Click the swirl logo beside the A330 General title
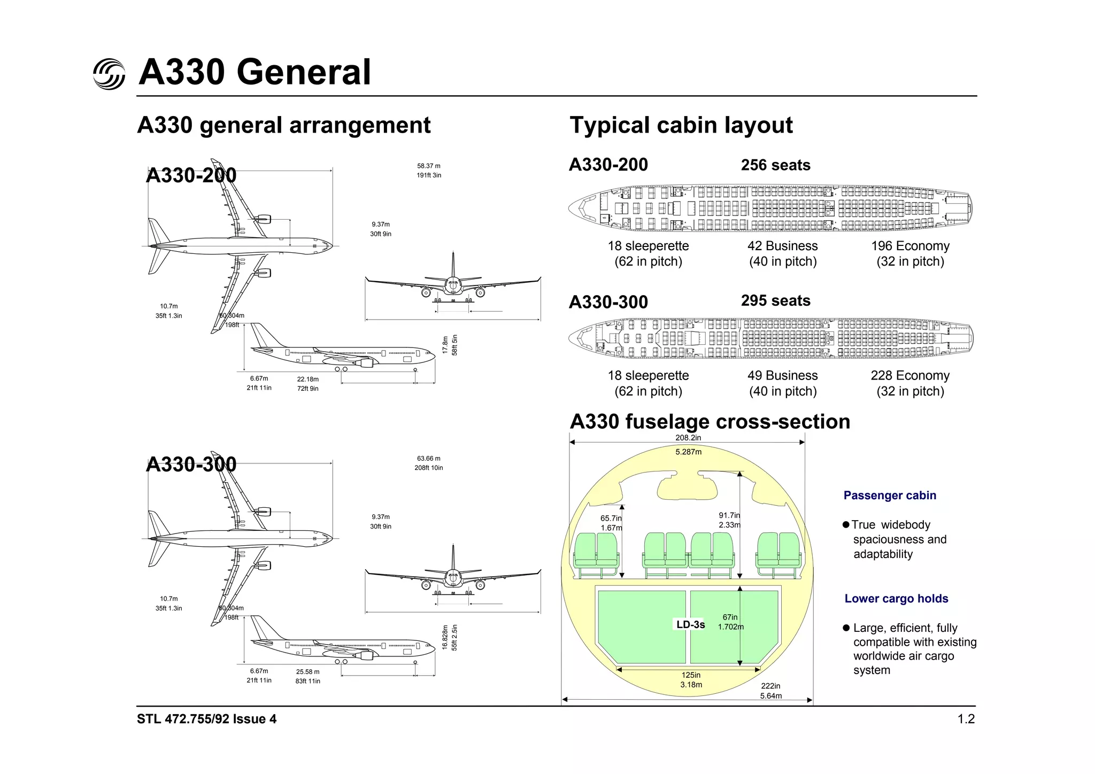(x=109, y=74)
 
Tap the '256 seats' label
(x=775, y=165)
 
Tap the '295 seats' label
(x=775, y=300)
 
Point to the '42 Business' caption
(x=782, y=246)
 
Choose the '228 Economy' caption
(x=910, y=375)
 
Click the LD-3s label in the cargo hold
(x=690, y=624)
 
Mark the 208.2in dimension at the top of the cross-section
(x=688, y=438)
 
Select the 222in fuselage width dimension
(x=770, y=686)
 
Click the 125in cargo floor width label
(x=691, y=675)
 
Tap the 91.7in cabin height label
(x=729, y=515)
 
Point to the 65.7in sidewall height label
(x=611, y=518)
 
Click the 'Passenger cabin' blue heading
(x=890, y=496)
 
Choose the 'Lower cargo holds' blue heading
(x=896, y=599)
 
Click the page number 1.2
(x=966, y=719)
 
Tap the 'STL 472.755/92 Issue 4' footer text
(x=206, y=719)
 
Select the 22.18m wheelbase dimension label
(x=308, y=379)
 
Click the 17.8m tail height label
(x=445, y=345)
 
